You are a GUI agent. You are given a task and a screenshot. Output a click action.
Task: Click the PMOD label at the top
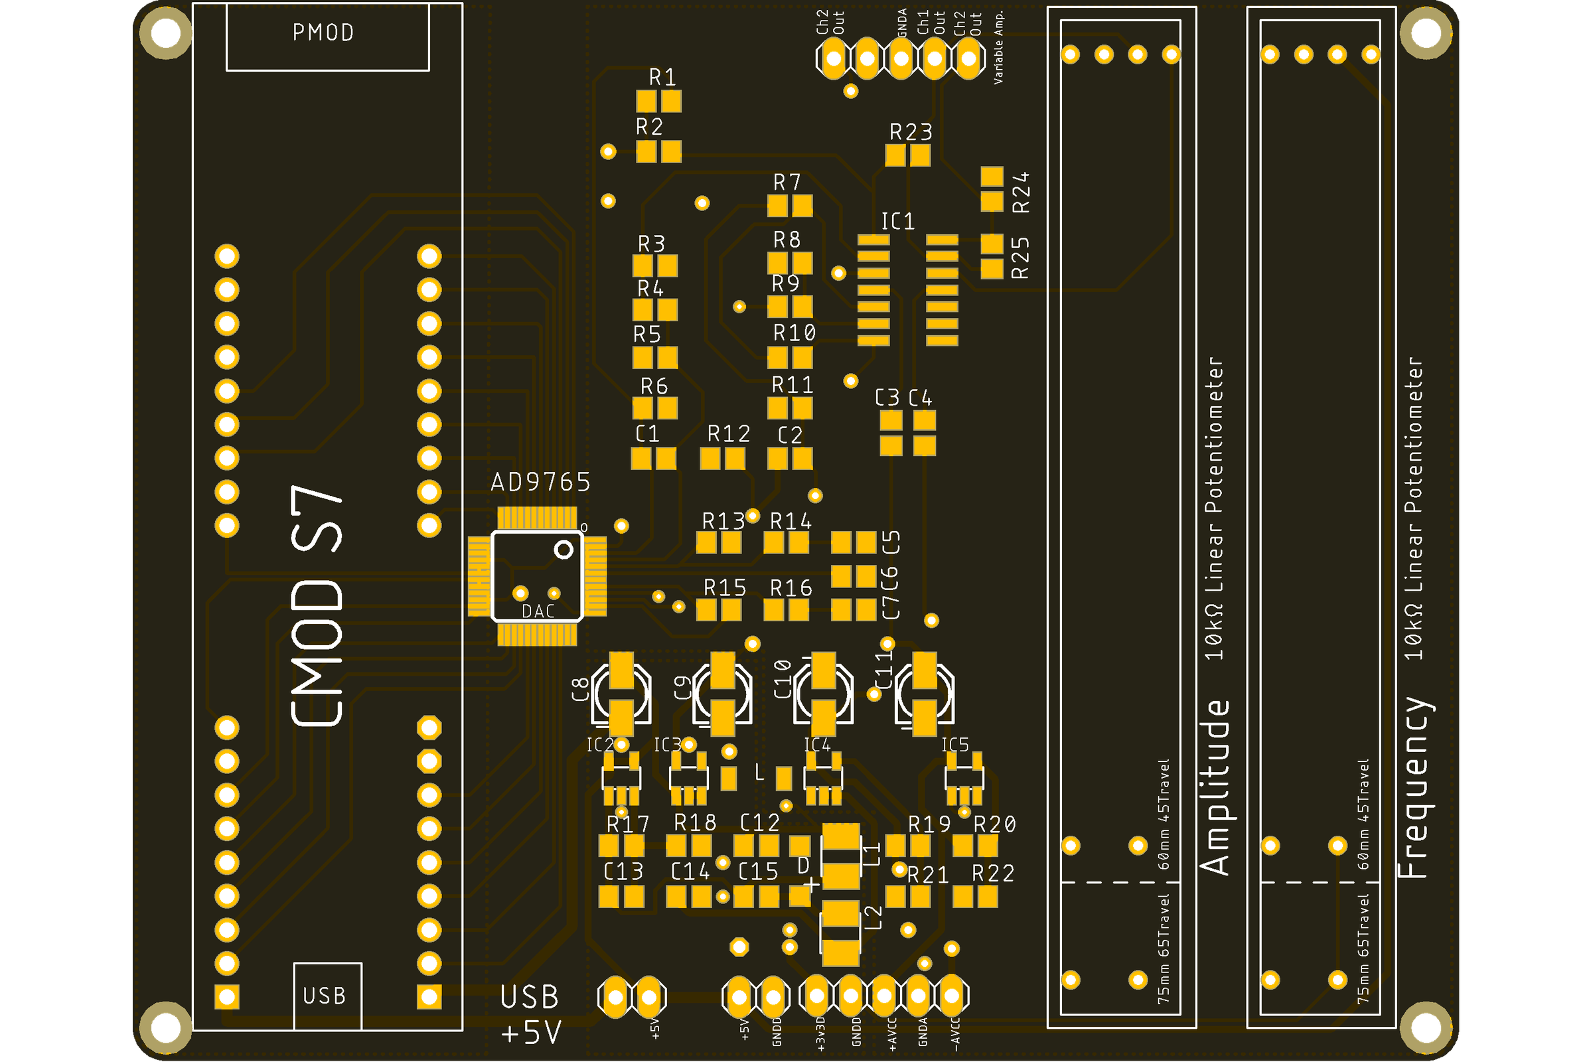point(323,33)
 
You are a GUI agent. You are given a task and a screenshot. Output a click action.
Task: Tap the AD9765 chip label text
point(540,483)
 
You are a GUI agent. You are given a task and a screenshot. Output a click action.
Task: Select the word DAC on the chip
point(538,611)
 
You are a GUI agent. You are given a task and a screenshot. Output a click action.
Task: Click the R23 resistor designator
point(910,132)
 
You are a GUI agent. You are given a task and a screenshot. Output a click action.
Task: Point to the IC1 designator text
point(897,222)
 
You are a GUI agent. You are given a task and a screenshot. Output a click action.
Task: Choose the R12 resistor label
point(728,434)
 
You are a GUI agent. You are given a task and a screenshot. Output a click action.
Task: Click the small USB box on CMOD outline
point(327,996)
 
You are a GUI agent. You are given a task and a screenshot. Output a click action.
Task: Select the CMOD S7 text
point(317,606)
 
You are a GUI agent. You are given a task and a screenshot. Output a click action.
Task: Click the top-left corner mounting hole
point(165,32)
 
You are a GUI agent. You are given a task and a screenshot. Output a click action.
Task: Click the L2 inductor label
point(874,919)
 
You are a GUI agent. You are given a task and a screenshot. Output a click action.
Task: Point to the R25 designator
point(1020,258)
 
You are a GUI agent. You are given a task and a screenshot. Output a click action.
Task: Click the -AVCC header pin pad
point(952,996)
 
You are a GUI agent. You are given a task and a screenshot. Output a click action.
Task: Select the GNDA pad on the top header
point(901,58)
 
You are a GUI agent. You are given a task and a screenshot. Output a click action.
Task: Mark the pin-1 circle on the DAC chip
point(564,550)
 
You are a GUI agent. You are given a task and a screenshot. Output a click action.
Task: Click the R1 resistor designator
point(662,78)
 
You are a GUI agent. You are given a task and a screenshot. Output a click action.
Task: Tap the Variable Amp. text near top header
point(998,47)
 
